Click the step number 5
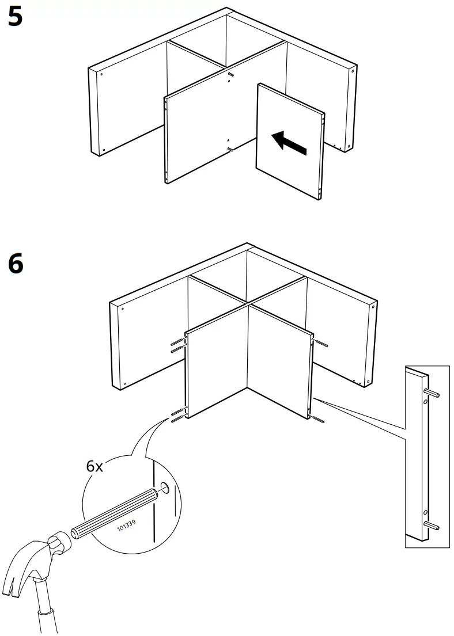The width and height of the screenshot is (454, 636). tap(16, 17)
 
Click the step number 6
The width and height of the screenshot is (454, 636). tap(16, 264)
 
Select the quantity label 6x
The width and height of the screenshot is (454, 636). tap(94, 466)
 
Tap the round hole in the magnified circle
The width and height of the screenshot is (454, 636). tap(166, 489)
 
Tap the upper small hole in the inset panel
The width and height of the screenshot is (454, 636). tap(425, 403)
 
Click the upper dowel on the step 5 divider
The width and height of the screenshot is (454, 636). tap(231, 75)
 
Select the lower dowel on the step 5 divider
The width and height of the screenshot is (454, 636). tap(230, 149)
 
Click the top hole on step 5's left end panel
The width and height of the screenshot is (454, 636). tap(101, 74)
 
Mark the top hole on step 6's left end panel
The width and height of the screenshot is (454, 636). tap(123, 308)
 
